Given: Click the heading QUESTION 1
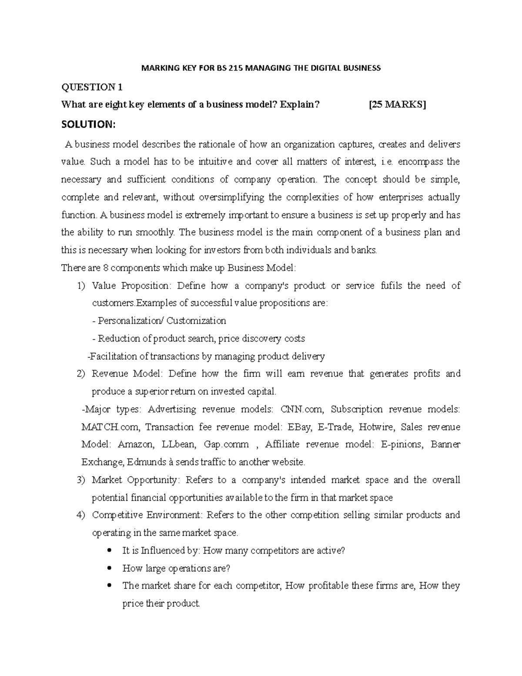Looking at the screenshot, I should [92, 87].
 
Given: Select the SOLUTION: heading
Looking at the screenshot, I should [89, 124].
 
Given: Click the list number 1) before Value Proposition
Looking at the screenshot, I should [81, 286].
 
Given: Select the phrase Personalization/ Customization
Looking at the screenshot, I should [160, 321].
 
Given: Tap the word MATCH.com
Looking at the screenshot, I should [111, 427].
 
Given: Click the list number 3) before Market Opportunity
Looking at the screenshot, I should [81, 480].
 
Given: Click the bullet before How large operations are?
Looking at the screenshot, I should [109, 568].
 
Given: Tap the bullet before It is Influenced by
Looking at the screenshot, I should [109, 551].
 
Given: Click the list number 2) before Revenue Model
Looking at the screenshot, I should [81, 374].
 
